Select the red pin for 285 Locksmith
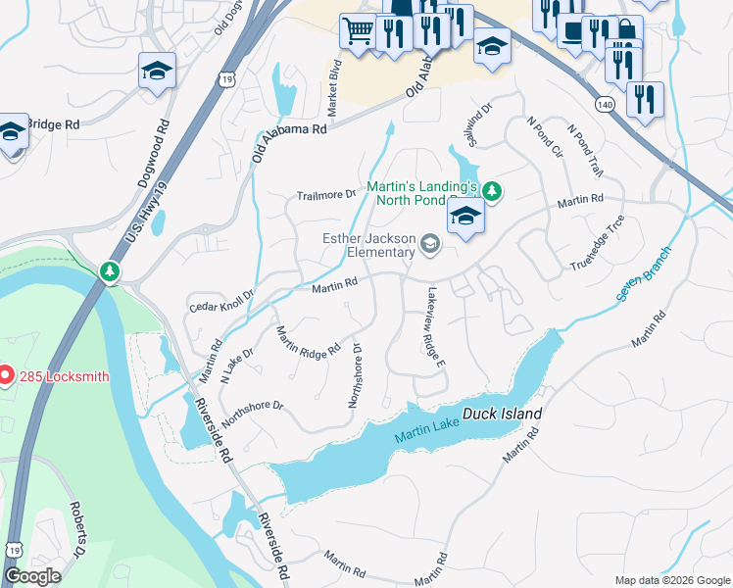coord(5,375)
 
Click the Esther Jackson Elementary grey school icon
coord(429,243)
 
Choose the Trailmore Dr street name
coord(325,195)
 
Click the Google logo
coord(32,576)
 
